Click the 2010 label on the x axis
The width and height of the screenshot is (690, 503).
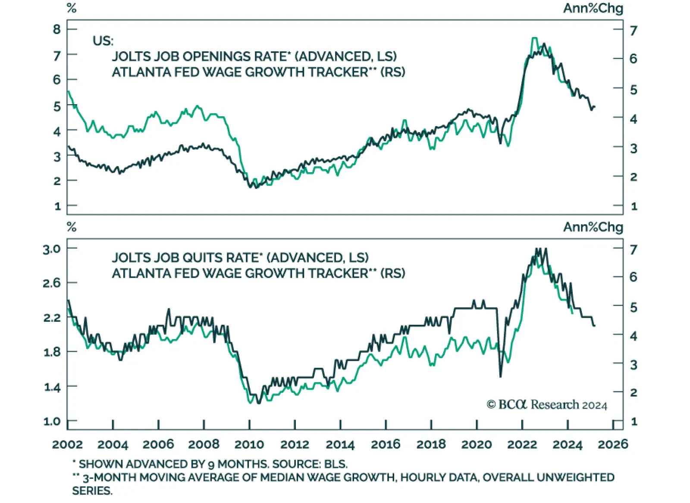pyautogui.click(x=249, y=444)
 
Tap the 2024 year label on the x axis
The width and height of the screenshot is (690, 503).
pyautogui.click(x=568, y=444)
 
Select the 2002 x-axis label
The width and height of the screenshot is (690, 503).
pyautogui.click(x=67, y=444)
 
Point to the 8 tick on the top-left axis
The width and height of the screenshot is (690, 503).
pyautogui.click(x=57, y=29)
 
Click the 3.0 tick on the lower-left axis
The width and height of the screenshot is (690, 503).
pyautogui.click(x=52, y=249)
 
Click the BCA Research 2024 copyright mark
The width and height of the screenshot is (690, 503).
pyautogui.click(x=547, y=405)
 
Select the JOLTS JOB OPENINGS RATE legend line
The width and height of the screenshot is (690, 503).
pyautogui.click(x=254, y=56)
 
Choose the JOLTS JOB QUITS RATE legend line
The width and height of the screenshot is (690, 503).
pyautogui.click(x=240, y=258)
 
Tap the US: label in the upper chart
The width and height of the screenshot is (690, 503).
pyautogui.click(x=103, y=41)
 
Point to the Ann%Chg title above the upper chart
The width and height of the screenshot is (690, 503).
pyautogui.click(x=593, y=8)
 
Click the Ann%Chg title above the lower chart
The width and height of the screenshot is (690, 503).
pyautogui.click(x=593, y=227)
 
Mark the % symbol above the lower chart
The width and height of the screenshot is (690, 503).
pyautogui.click(x=72, y=227)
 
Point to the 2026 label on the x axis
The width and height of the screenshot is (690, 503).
pyautogui.click(x=613, y=444)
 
